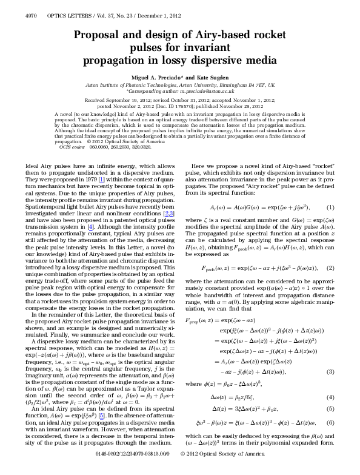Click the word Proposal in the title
101,36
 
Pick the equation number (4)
330,397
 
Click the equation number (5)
330,409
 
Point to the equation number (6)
330,422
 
